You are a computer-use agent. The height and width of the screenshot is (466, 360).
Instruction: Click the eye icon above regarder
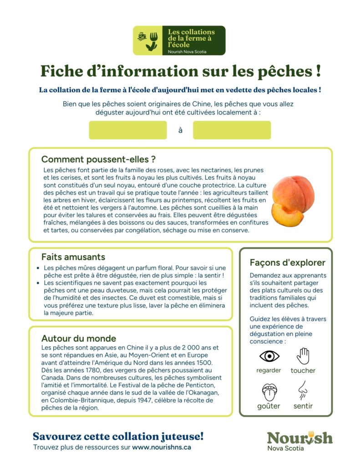coord(269,355)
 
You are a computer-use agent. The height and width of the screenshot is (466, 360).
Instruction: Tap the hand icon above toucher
coord(303,356)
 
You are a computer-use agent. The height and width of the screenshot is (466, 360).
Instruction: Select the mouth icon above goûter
coord(269,391)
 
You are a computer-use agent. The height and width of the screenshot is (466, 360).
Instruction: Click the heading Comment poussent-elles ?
coord(99,159)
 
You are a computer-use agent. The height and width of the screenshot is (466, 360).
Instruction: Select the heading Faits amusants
coord(73,257)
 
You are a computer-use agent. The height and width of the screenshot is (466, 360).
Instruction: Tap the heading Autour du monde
coord(78,338)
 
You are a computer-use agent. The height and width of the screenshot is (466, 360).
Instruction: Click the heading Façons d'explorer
coord(287,263)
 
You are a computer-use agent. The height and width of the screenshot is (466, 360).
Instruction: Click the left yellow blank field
coord(128,130)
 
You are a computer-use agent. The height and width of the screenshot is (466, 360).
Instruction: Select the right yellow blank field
coord(232,130)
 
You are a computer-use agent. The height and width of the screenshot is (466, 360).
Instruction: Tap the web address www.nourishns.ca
coord(161,447)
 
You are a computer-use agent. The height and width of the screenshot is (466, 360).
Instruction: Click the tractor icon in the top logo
coord(142,35)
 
